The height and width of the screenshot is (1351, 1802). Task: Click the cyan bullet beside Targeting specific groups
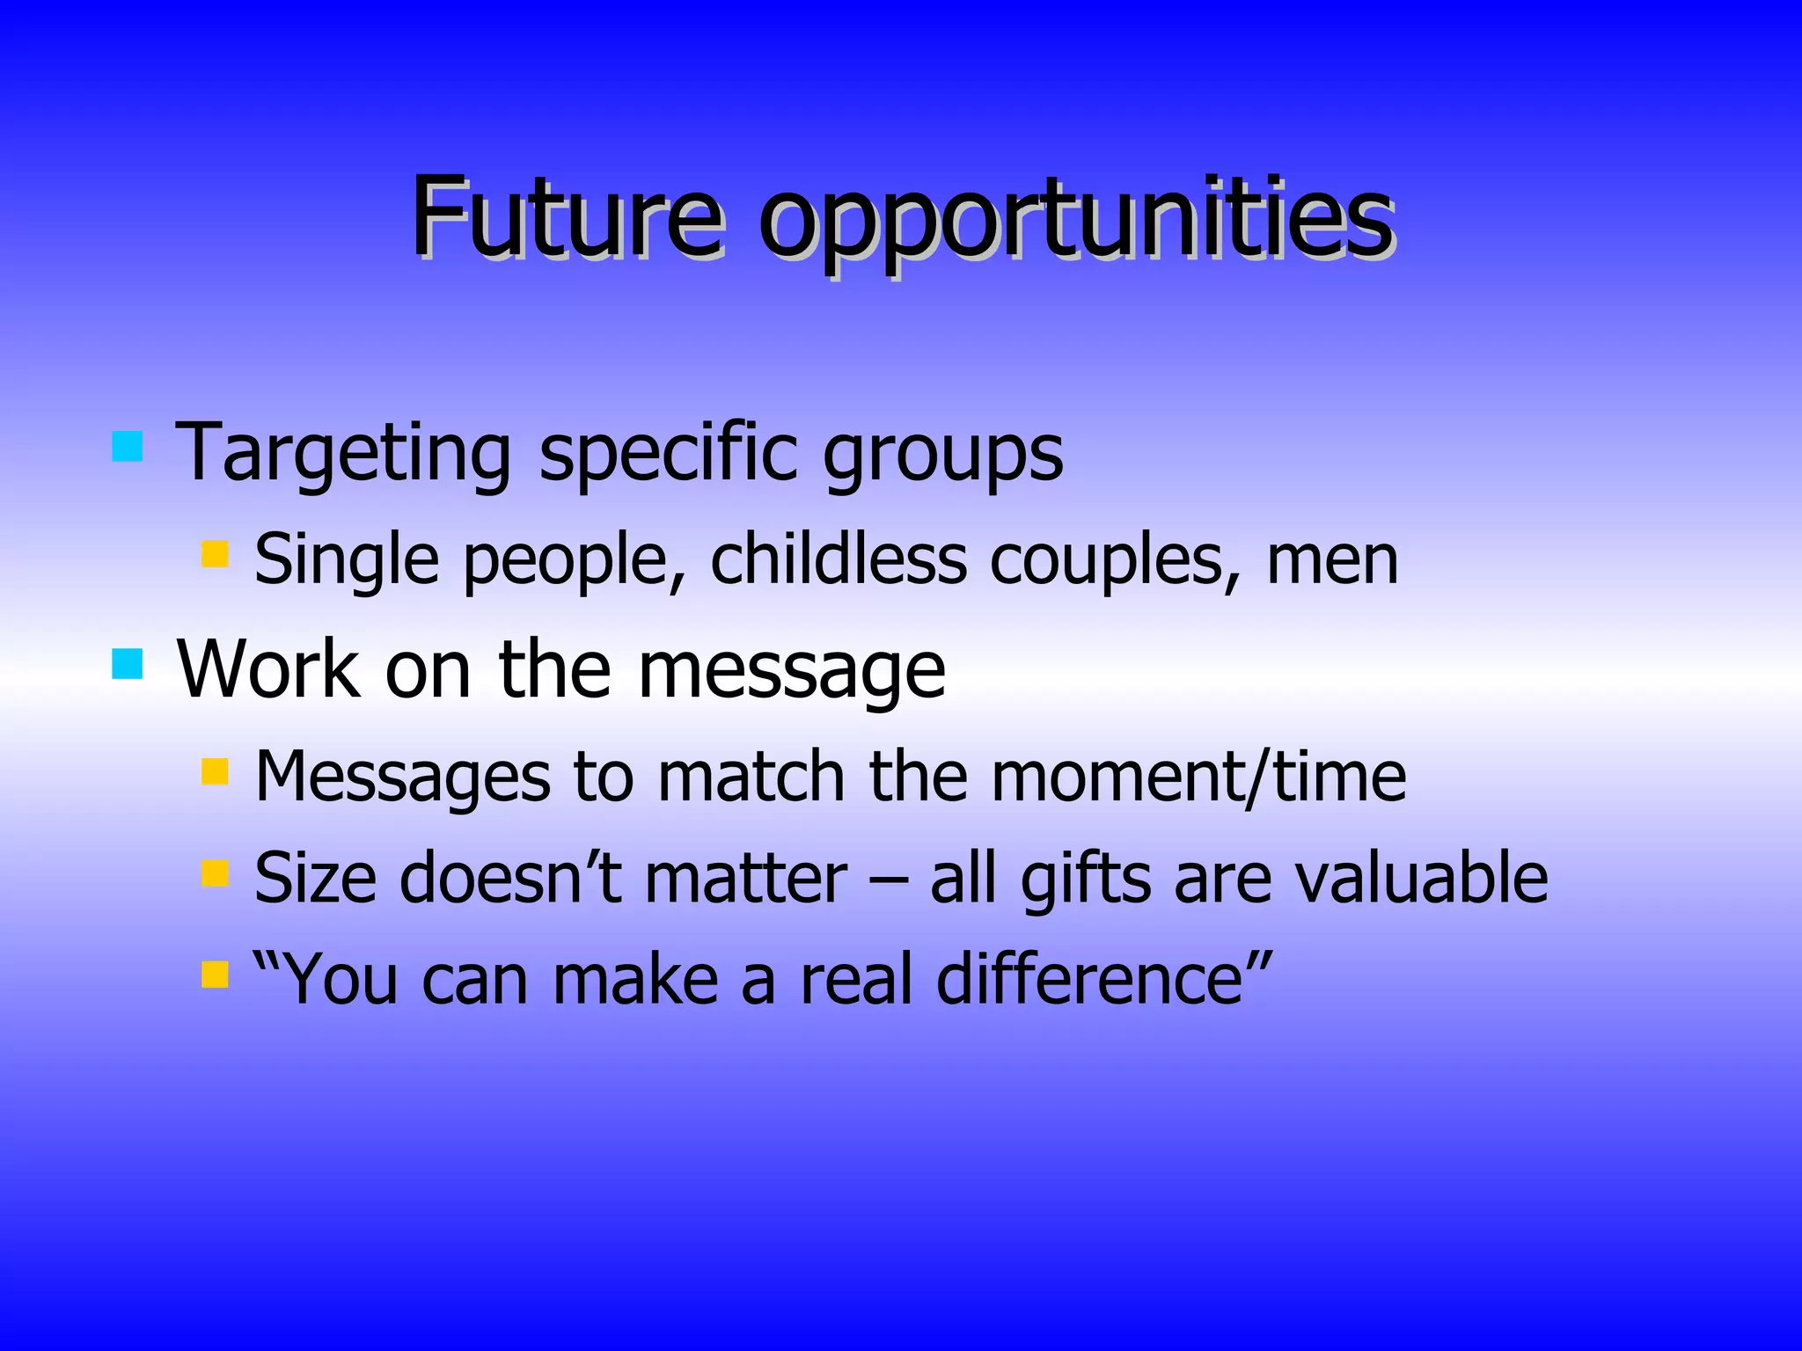tap(128, 446)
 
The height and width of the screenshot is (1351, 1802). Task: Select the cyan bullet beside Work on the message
tap(128, 663)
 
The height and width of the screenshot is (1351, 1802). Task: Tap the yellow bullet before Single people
tap(215, 554)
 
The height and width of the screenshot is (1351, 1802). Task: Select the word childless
tap(838, 559)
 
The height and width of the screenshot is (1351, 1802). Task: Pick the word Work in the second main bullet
tap(267, 670)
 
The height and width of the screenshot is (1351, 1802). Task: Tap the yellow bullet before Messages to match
tap(215, 771)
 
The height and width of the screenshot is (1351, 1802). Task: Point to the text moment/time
tap(1198, 778)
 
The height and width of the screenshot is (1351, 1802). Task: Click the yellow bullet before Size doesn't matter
tap(215, 873)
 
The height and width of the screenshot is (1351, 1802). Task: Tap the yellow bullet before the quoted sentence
tap(215, 975)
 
